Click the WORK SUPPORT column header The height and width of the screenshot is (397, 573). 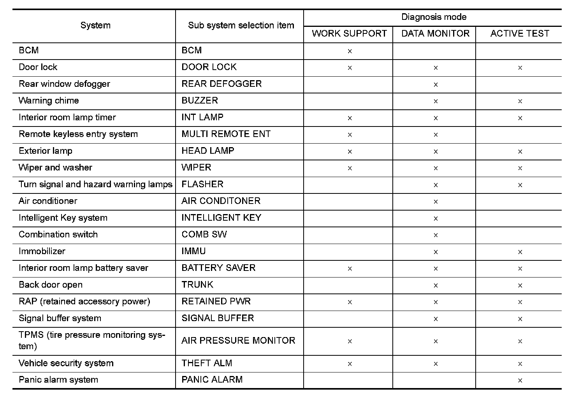click(349, 33)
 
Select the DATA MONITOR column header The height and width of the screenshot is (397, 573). click(435, 33)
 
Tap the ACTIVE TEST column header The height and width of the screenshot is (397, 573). click(520, 33)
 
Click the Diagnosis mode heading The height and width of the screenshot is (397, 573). click(434, 17)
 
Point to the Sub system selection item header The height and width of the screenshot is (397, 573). click(241, 25)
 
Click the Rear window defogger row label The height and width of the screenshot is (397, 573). click(64, 84)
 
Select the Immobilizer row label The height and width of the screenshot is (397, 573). click(42, 251)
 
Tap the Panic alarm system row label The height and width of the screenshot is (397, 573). click(58, 380)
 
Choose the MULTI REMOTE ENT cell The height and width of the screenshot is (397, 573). click(226, 134)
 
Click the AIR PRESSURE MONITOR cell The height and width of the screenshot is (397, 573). click(238, 341)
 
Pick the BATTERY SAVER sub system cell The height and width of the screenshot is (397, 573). click(218, 268)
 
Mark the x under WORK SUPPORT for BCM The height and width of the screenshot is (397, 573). click(350, 51)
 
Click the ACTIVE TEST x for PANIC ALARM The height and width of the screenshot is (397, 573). click(520, 380)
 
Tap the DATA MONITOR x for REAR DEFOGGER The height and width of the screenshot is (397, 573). click(436, 84)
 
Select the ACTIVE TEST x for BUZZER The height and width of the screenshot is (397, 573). click(520, 101)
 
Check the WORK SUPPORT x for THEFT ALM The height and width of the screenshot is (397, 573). click(350, 364)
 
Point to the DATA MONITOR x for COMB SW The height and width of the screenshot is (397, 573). click(436, 235)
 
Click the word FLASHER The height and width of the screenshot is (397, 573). click(202, 184)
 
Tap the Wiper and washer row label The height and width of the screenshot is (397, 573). click(55, 168)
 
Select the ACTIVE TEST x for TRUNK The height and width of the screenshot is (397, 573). click(520, 285)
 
